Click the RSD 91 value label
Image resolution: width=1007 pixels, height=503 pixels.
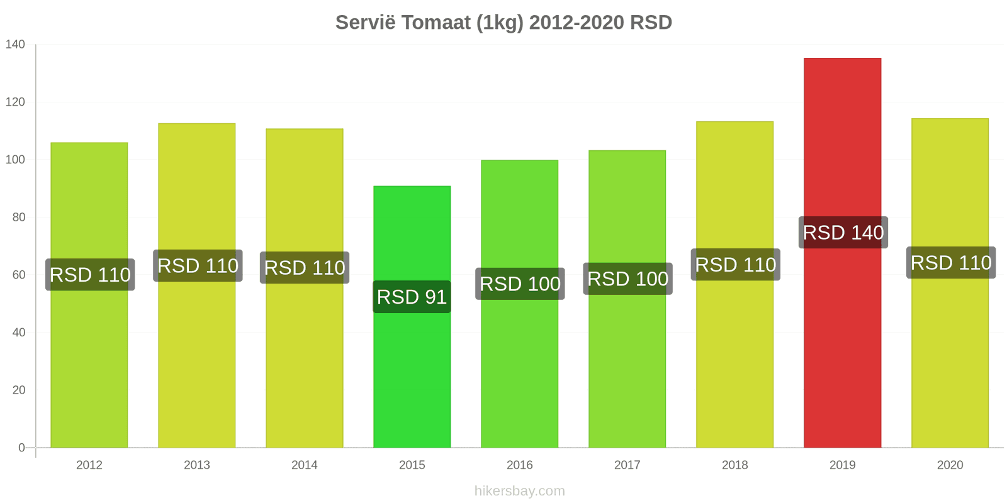pos(412,297)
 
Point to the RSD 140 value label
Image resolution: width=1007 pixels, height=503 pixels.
pos(843,233)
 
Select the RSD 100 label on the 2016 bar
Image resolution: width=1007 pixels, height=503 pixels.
pos(520,284)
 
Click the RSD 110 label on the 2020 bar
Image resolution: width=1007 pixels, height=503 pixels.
pos(951,263)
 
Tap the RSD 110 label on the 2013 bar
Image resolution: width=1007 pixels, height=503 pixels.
pos(198,266)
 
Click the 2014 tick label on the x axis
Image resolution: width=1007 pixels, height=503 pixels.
pos(305,465)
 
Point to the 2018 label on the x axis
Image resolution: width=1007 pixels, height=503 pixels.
pos(734,465)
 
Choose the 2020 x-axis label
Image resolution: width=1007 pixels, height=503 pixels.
pos(950,465)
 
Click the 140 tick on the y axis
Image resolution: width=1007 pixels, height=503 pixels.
pos(15,44)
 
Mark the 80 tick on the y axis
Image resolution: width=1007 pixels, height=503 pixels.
pos(19,217)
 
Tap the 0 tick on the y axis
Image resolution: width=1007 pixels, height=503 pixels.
pos(22,448)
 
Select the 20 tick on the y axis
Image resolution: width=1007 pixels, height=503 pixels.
pos(19,390)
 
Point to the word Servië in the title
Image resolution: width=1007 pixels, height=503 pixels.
pos(366,23)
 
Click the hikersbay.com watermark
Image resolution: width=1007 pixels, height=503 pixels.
pos(520,490)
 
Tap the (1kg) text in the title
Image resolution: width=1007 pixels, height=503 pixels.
pos(500,23)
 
